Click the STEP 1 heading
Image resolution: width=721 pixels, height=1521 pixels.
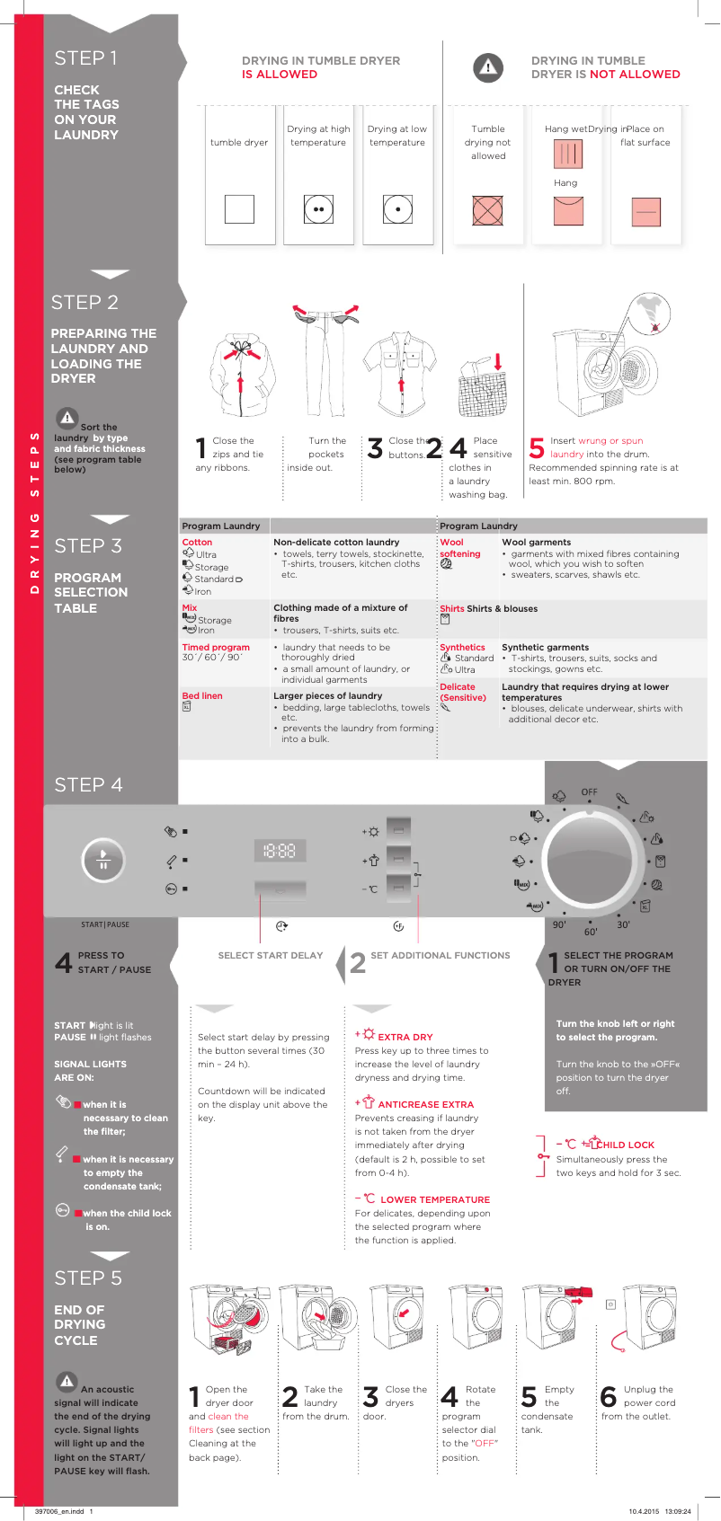[85, 58]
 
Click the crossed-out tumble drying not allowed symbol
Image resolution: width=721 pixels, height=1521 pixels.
[487, 210]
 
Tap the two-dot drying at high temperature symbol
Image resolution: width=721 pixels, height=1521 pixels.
[318, 209]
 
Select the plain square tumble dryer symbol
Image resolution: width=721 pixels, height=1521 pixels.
[239, 208]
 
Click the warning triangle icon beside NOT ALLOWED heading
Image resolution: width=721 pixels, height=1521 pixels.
[487, 67]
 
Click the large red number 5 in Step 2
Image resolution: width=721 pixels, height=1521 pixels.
[537, 448]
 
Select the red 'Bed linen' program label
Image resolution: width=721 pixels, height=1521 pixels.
[202, 696]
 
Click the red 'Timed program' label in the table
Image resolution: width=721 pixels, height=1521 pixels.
[216, 647]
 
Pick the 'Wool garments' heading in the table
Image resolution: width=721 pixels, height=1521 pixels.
[536, 543]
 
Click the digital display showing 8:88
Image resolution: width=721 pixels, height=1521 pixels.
[280, 850]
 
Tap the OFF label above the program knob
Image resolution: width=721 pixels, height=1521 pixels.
[589, 792]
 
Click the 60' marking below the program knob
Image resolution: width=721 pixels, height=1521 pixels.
[591, 932]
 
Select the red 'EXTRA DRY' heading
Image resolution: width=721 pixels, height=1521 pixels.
[405, 1037]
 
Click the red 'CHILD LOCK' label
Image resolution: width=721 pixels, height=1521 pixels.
[626, 1145]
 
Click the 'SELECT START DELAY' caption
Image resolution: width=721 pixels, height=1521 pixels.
[270, 956]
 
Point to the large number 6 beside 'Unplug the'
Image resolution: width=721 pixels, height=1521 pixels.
[609, 1397]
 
